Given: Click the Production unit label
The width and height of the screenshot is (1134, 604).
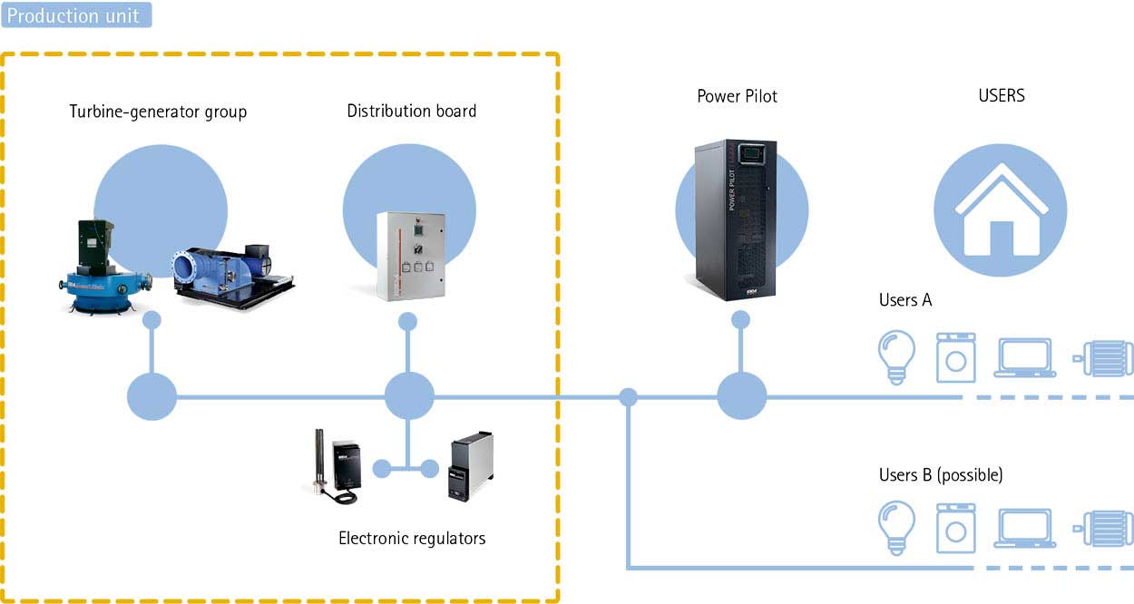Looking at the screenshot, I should click(x=75, y=15).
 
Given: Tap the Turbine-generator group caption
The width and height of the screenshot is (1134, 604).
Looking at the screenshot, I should click(x=158, y=112).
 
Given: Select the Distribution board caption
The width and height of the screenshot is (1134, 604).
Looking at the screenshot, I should click(x=412, y=112).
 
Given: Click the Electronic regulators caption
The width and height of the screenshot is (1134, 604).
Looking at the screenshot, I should click(x=412, y=539).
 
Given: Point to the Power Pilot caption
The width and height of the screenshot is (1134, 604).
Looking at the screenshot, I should click(x=737, y=96).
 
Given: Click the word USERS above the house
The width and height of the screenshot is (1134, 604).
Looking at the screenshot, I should click(x=1002, y=95).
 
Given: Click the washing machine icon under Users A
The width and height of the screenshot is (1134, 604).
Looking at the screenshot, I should click(x=955, y=355).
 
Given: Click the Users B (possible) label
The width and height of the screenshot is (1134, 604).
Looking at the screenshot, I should click(x=941, y=475).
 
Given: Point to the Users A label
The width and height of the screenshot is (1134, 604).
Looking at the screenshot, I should click(x=905, y=300).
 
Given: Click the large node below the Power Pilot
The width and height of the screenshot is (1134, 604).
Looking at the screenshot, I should click(x=742, y=396).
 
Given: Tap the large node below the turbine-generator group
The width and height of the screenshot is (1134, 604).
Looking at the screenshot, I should click(x=152, y=396).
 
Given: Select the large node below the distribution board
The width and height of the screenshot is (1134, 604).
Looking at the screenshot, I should click(x=409, y=396).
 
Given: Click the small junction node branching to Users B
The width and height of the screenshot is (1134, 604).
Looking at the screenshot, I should click(x=628, y=396).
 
